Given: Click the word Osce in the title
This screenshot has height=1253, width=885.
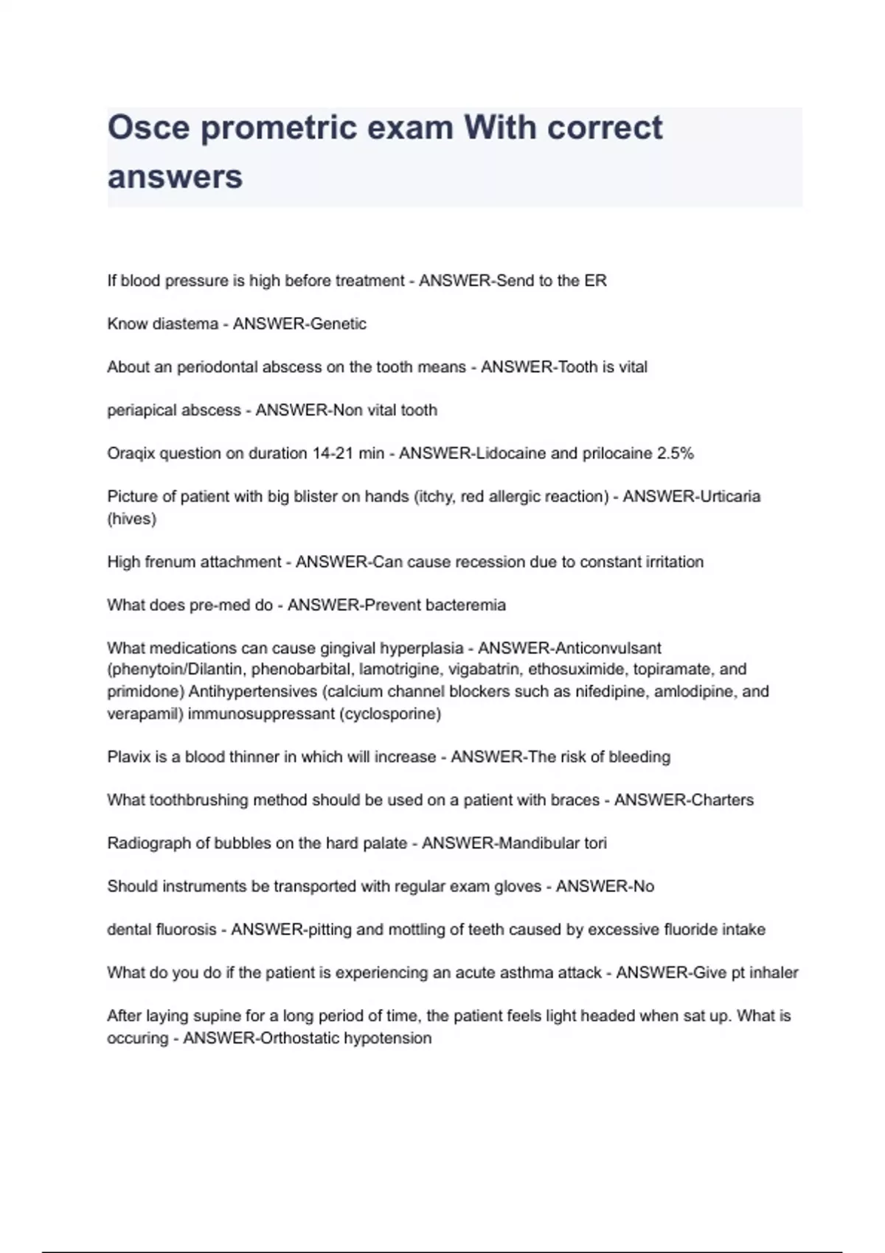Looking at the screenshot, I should [149, 128].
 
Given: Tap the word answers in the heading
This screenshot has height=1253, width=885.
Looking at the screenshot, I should [175, 177].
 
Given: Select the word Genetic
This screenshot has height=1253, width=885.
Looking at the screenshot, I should [339, 324].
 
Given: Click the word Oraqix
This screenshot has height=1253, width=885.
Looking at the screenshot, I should [131, 453].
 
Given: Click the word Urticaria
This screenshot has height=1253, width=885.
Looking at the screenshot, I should [729, 496].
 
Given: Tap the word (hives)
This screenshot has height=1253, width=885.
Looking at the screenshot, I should [132, 519].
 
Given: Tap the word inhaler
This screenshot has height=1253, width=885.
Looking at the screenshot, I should [774, 973].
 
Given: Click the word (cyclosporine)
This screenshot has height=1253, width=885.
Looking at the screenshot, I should [390, 713].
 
